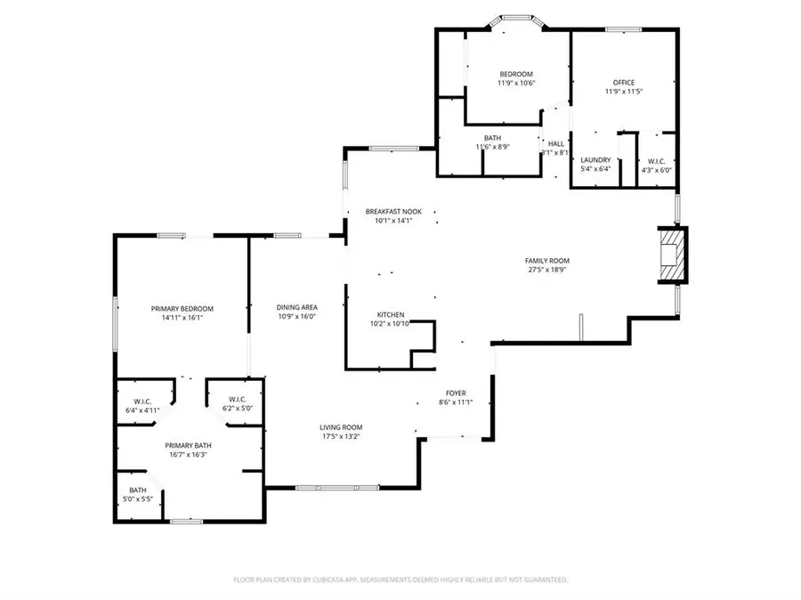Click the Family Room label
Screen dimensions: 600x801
click(x=546, y=260)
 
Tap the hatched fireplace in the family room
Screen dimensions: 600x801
click(x=672, y=255)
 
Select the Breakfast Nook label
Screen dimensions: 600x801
click(x=392, y=212)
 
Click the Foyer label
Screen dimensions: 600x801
click(x=456, y=393)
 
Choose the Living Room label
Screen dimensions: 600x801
click(x=341, y=427)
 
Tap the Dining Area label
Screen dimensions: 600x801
click(x=296, y=306)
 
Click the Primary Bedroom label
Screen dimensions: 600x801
click(x=182, y=308)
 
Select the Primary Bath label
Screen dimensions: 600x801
click(x=188, y=445)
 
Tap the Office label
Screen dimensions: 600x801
click(x=623, y=83)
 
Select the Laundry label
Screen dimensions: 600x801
click(x=595, y=160)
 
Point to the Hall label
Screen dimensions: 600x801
click(x=555, y=143)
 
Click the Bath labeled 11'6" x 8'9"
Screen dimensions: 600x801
click(x=492, y=138)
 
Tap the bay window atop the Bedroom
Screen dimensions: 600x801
click(x=514, y=17)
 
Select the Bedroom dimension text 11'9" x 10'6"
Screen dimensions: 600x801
click(x=515, y=83)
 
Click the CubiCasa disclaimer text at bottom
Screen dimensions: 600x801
click(x=400, y=580)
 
